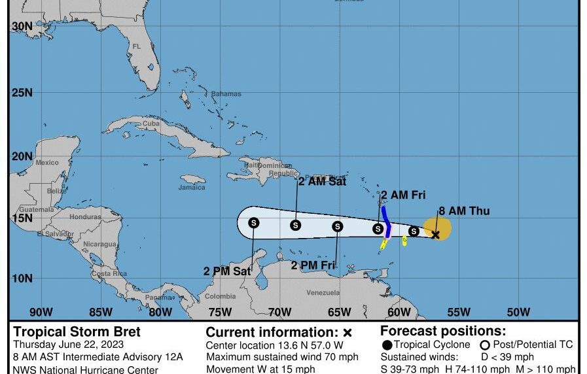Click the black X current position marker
click(436, 234)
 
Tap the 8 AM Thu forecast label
click(463, 211)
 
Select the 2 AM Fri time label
click(404, 194)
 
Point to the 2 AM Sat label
click(322, 182)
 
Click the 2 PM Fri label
click(313, 265)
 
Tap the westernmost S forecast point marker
click(254, 223)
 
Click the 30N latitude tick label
click(22, 26)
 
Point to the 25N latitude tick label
click(22, 92)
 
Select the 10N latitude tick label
click(22, 279)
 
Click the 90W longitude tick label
click(40, 312)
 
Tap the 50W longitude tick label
click(518, 312)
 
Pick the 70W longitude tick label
click(279, 312)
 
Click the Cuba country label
click(151, 124)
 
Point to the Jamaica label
click(192, 187)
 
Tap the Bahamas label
click(226, 94)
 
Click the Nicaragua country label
click(100, 244)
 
